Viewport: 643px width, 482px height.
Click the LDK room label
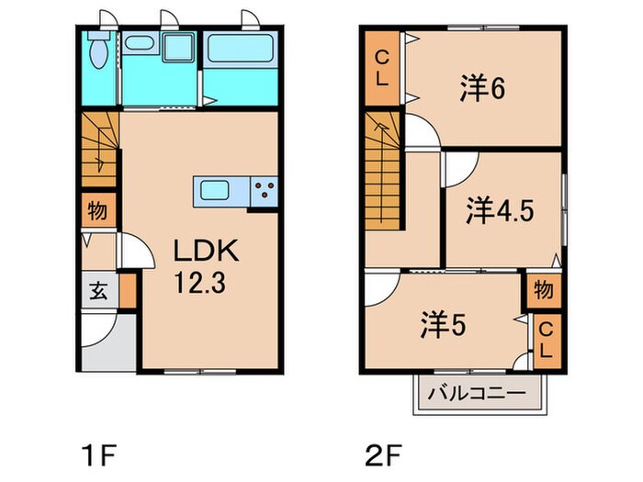point(207,251)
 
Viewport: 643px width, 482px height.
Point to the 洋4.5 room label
point(500,209)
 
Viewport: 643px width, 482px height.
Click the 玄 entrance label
point(96,293)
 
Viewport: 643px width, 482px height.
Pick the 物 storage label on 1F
point(96,210)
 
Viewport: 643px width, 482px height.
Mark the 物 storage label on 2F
point(543,291)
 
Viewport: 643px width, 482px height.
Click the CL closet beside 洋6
point(379,68)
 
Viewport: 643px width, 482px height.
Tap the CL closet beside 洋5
point(546,340)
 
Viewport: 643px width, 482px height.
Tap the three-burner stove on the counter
point(263,192)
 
